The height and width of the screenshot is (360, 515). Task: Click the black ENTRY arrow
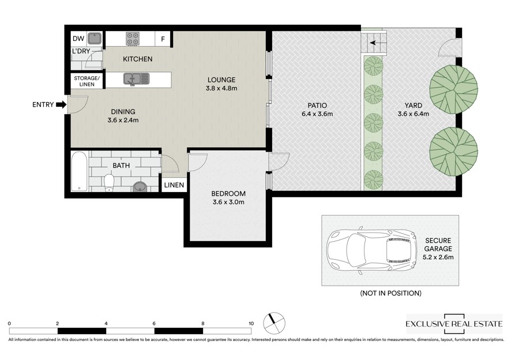[x=61, y=105]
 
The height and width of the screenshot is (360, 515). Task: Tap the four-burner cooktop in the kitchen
[x=133, y=39]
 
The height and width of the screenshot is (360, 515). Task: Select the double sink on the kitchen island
[x=136, y=79]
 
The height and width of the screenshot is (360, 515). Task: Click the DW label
[x=78, y=39]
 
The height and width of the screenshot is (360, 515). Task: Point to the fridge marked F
[x=163, y=39]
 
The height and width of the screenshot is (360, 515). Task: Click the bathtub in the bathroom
[x=80, y=171]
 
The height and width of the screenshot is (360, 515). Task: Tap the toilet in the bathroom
[x=109, y=183]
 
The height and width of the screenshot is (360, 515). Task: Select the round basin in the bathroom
[x=140, y=186]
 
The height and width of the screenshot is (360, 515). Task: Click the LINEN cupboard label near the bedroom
[x=174, y=185]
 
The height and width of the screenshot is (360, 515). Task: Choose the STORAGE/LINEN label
[x=87, y=81]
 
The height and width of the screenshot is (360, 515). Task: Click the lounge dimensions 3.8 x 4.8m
[x=221, y=88]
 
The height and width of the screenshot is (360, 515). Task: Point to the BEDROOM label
[x=228, y=194]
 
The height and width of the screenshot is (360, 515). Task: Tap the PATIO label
[x=317, y=106]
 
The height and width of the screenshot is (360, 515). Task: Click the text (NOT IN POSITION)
[x=391, y=293]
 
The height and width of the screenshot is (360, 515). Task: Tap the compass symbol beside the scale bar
[x=275, y=323]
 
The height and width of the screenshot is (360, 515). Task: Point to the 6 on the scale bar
[x=154, y=324]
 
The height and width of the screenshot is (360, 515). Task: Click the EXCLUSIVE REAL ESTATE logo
[x=454, y=324]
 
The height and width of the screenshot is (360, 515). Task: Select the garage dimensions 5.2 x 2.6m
[x=438, y=257]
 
